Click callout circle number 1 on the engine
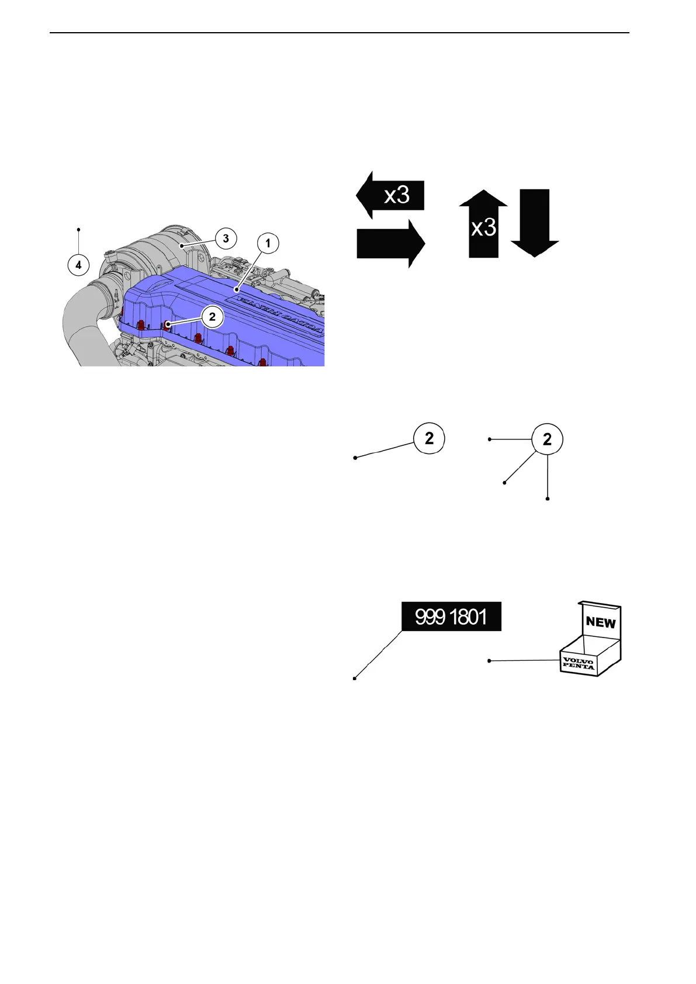coord(268,243)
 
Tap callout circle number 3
coord(226,238)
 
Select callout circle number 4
coord(78,265)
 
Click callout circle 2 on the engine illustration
coord(212,317)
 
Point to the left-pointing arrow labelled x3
coord(390,195)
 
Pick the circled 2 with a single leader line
coord(429,438)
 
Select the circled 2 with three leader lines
coord(547,439)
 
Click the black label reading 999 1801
coord(451,616)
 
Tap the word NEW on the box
coord(601,622)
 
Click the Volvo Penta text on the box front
coord(578,664)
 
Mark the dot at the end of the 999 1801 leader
coord(355,678)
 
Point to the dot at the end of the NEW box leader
coord(489,661)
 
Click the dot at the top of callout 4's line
coord(78,229)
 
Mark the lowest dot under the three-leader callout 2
coord(548,498)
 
